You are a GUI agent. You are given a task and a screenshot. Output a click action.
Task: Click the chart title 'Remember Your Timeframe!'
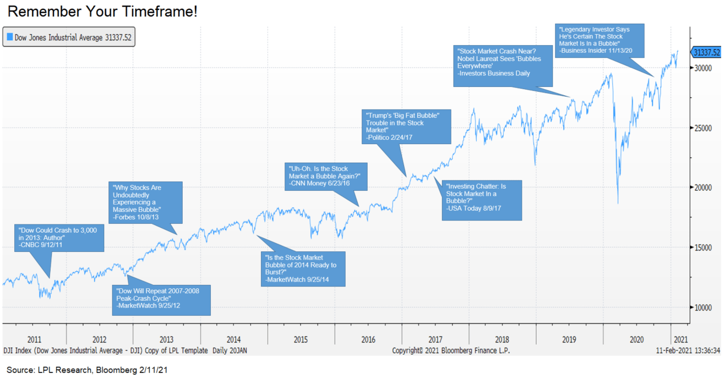[x=102, y=12]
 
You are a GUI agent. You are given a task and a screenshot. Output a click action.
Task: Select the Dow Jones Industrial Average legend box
[x=69, y=38]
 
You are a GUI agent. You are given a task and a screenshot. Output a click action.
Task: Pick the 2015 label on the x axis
[x=301, y=340]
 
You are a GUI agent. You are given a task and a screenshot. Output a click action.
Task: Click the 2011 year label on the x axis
[x=34, y=340]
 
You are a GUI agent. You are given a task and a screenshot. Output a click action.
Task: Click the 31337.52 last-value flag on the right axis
[x=706, y=52]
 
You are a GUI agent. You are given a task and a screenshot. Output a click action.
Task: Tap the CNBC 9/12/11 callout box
[x=59, y=237]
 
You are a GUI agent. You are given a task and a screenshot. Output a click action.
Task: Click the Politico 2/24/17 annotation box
[x=407, y=127]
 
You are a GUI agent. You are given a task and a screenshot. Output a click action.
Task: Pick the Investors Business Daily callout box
[x=502, y=65]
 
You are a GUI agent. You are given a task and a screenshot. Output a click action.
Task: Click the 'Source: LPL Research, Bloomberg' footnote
[x=87, y=370]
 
